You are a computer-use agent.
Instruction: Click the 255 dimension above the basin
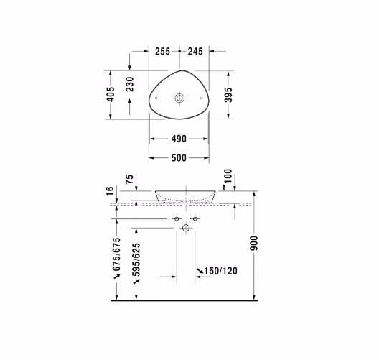point(163,52)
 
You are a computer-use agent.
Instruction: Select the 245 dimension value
point(196,52)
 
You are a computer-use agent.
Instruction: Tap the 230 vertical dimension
point(130,86)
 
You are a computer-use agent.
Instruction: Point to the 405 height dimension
point(111,95)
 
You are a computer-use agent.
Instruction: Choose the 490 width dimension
point(179,139)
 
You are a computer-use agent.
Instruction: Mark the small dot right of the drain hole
point(202,96)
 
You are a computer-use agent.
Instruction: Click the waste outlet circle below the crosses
point(186,228)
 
